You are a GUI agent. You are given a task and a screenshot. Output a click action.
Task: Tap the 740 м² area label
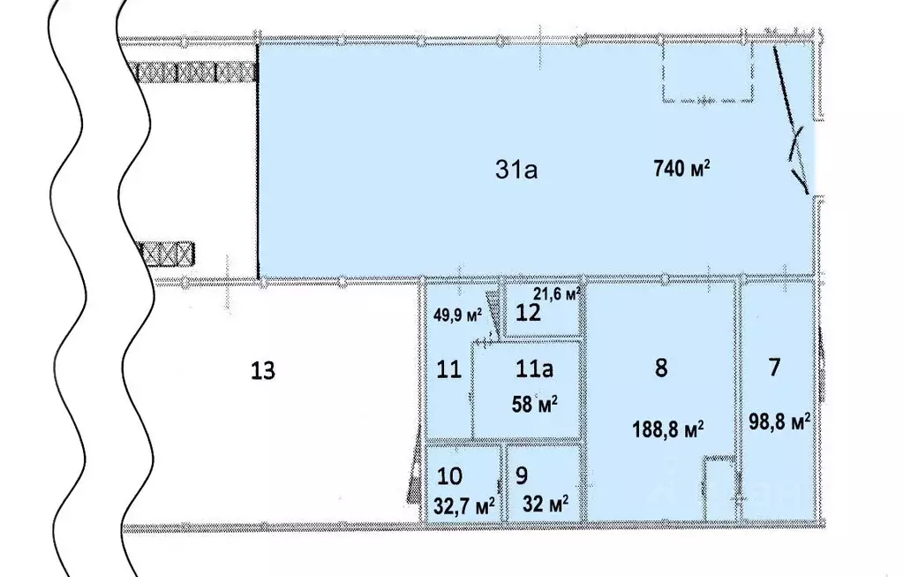(682, 169)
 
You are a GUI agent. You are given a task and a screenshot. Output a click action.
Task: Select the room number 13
(263, 370)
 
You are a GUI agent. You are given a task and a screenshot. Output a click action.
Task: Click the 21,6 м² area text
(557, 293)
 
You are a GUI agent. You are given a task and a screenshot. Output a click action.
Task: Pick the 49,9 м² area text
(457, 314)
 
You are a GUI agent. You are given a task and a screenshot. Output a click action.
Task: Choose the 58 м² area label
(534, 406)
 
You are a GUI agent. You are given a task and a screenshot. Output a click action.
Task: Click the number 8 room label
(661, 369)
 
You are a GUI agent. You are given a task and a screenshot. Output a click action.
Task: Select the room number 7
(774, 368)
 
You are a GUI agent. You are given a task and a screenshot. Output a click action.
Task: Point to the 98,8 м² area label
(779, 421)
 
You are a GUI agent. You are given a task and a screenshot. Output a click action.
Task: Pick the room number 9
(521, 475)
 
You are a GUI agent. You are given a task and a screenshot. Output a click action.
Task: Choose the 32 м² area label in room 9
(544, 505)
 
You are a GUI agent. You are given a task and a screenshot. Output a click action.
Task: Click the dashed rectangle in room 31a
(709, 71)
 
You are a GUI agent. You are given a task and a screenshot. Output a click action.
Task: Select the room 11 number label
(449, 369)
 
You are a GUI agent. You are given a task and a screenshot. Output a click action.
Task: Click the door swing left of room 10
(413, 478)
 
